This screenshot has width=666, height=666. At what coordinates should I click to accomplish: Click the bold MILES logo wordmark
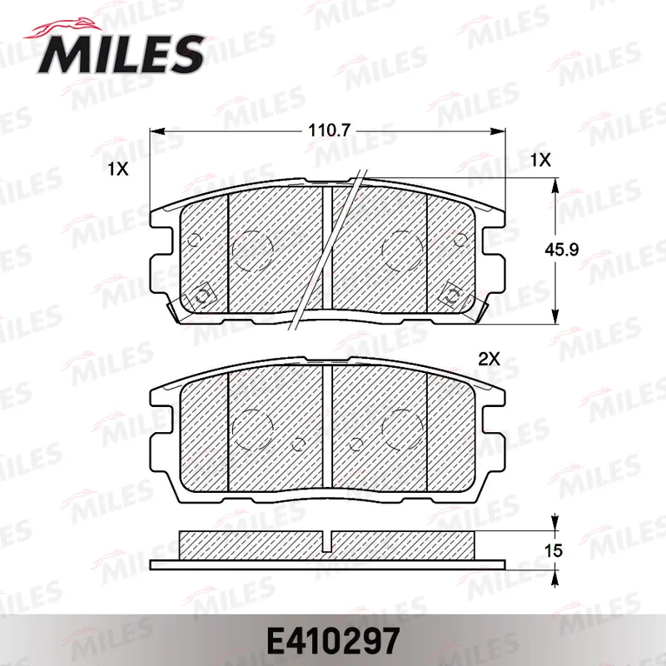[121, 54]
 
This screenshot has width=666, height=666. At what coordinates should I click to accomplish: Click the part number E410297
[333, 641]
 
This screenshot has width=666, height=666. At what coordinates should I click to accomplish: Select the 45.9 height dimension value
[561, 249]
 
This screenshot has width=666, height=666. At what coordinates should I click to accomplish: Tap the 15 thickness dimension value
[553, 551]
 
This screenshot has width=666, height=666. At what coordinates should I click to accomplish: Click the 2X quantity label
[490, 360]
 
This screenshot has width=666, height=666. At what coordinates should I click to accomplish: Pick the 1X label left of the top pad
[117, 170]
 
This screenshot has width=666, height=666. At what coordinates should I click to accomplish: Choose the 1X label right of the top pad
[540, 161]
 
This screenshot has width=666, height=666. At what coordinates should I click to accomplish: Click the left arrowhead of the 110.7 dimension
[157, 132]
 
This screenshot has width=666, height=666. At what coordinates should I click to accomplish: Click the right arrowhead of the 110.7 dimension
[498, 132]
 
